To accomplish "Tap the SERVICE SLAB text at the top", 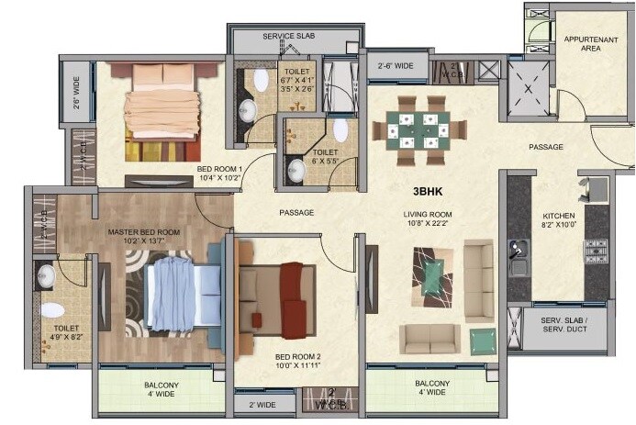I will click(290, 36).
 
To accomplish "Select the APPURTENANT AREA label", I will click(589, 44).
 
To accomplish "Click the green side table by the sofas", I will click(483, 341).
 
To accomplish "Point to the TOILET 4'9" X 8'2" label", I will click(66, 332).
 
